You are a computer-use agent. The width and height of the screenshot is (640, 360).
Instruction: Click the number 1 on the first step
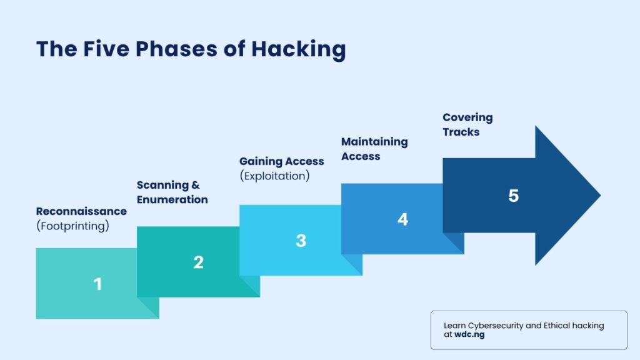coord(97,284)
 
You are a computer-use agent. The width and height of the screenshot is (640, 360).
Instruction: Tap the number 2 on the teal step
coord(198,262)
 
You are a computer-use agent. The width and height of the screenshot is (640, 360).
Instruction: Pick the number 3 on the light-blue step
coord(301,241)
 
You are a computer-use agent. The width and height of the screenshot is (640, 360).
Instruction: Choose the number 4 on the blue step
coord(402,219)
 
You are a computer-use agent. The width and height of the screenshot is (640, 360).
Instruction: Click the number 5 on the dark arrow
coord(513,196)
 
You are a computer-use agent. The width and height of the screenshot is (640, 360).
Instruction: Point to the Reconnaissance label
coord(81,211)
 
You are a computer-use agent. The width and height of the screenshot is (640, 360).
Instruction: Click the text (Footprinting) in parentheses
coord(72,226)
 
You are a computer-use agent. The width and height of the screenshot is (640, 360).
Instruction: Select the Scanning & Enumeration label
coord(172,192)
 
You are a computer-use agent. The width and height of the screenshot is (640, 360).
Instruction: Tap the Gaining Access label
coord(281,162)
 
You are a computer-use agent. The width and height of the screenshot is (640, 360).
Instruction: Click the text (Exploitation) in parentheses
coord(274,176)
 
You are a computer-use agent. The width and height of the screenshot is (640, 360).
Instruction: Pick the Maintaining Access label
coord(374,149)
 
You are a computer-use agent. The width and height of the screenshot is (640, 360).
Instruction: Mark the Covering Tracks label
coord(467,124)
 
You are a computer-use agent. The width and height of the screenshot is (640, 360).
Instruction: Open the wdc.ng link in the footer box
coord(469,334)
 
